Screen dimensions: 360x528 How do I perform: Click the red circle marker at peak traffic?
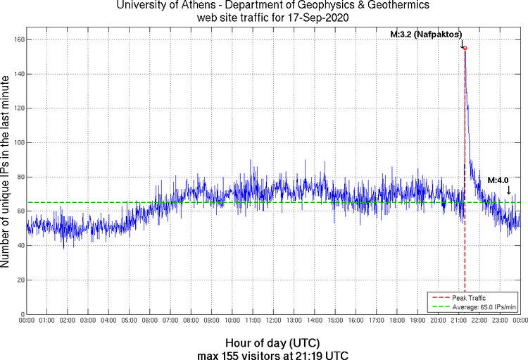[465, 48]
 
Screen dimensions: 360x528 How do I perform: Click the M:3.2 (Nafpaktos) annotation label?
[426, 34]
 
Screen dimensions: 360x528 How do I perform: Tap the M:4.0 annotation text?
[498, 179]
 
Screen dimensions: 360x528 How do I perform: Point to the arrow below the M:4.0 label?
[509, 190]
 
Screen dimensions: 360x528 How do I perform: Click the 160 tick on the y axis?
[18, 39]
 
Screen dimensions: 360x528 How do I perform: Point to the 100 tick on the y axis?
[18, 142]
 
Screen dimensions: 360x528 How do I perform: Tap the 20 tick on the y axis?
[19, 280]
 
